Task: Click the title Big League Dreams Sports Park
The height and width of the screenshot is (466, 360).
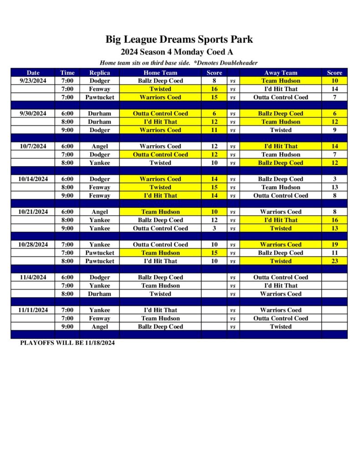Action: pyautogui.click(x=179, y=39)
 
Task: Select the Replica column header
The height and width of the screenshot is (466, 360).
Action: pyautogui.click(x=100, y=72)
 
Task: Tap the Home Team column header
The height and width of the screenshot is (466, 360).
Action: pyautogui.click(x=160, y=72)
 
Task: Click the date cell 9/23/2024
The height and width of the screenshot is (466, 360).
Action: pyautogui.click(x=33, y=81)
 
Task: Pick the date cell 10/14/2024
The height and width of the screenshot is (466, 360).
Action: pyautogui.click(x=33, y=179)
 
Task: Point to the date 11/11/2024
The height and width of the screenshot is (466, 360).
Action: pyautogui.click(x=33, y=310)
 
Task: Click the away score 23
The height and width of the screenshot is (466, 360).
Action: pyautogui.click(x=335, y=261)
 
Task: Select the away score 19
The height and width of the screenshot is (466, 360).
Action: pyautogui.click(x=335, y=244)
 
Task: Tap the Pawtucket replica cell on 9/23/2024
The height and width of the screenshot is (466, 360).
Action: pyautogui.click(x=100, y=97)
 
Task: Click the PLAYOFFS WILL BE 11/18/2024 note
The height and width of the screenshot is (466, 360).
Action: pyautogui.click(x=67, y=343)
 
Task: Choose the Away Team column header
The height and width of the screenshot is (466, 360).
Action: pyautogui.click(x=280, y=72)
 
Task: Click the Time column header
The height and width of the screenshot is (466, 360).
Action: pyautogui.click(x=67, y=72)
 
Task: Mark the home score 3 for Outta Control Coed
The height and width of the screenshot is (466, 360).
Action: pyautogui.click(x=214, y=228)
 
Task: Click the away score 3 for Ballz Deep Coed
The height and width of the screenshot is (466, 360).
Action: pyautogui.click(x=335, y=179)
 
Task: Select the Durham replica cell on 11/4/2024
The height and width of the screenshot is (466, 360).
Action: pyautogui.click(x=100, y=294)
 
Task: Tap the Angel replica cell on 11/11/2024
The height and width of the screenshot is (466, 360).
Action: pyautogui.click(x=100, y=326)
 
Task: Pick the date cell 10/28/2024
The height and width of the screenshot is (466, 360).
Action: pyautogui.click(x=33, y=244)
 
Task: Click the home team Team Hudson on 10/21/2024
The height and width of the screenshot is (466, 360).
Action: pyautogui.click(x=160, y=212)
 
